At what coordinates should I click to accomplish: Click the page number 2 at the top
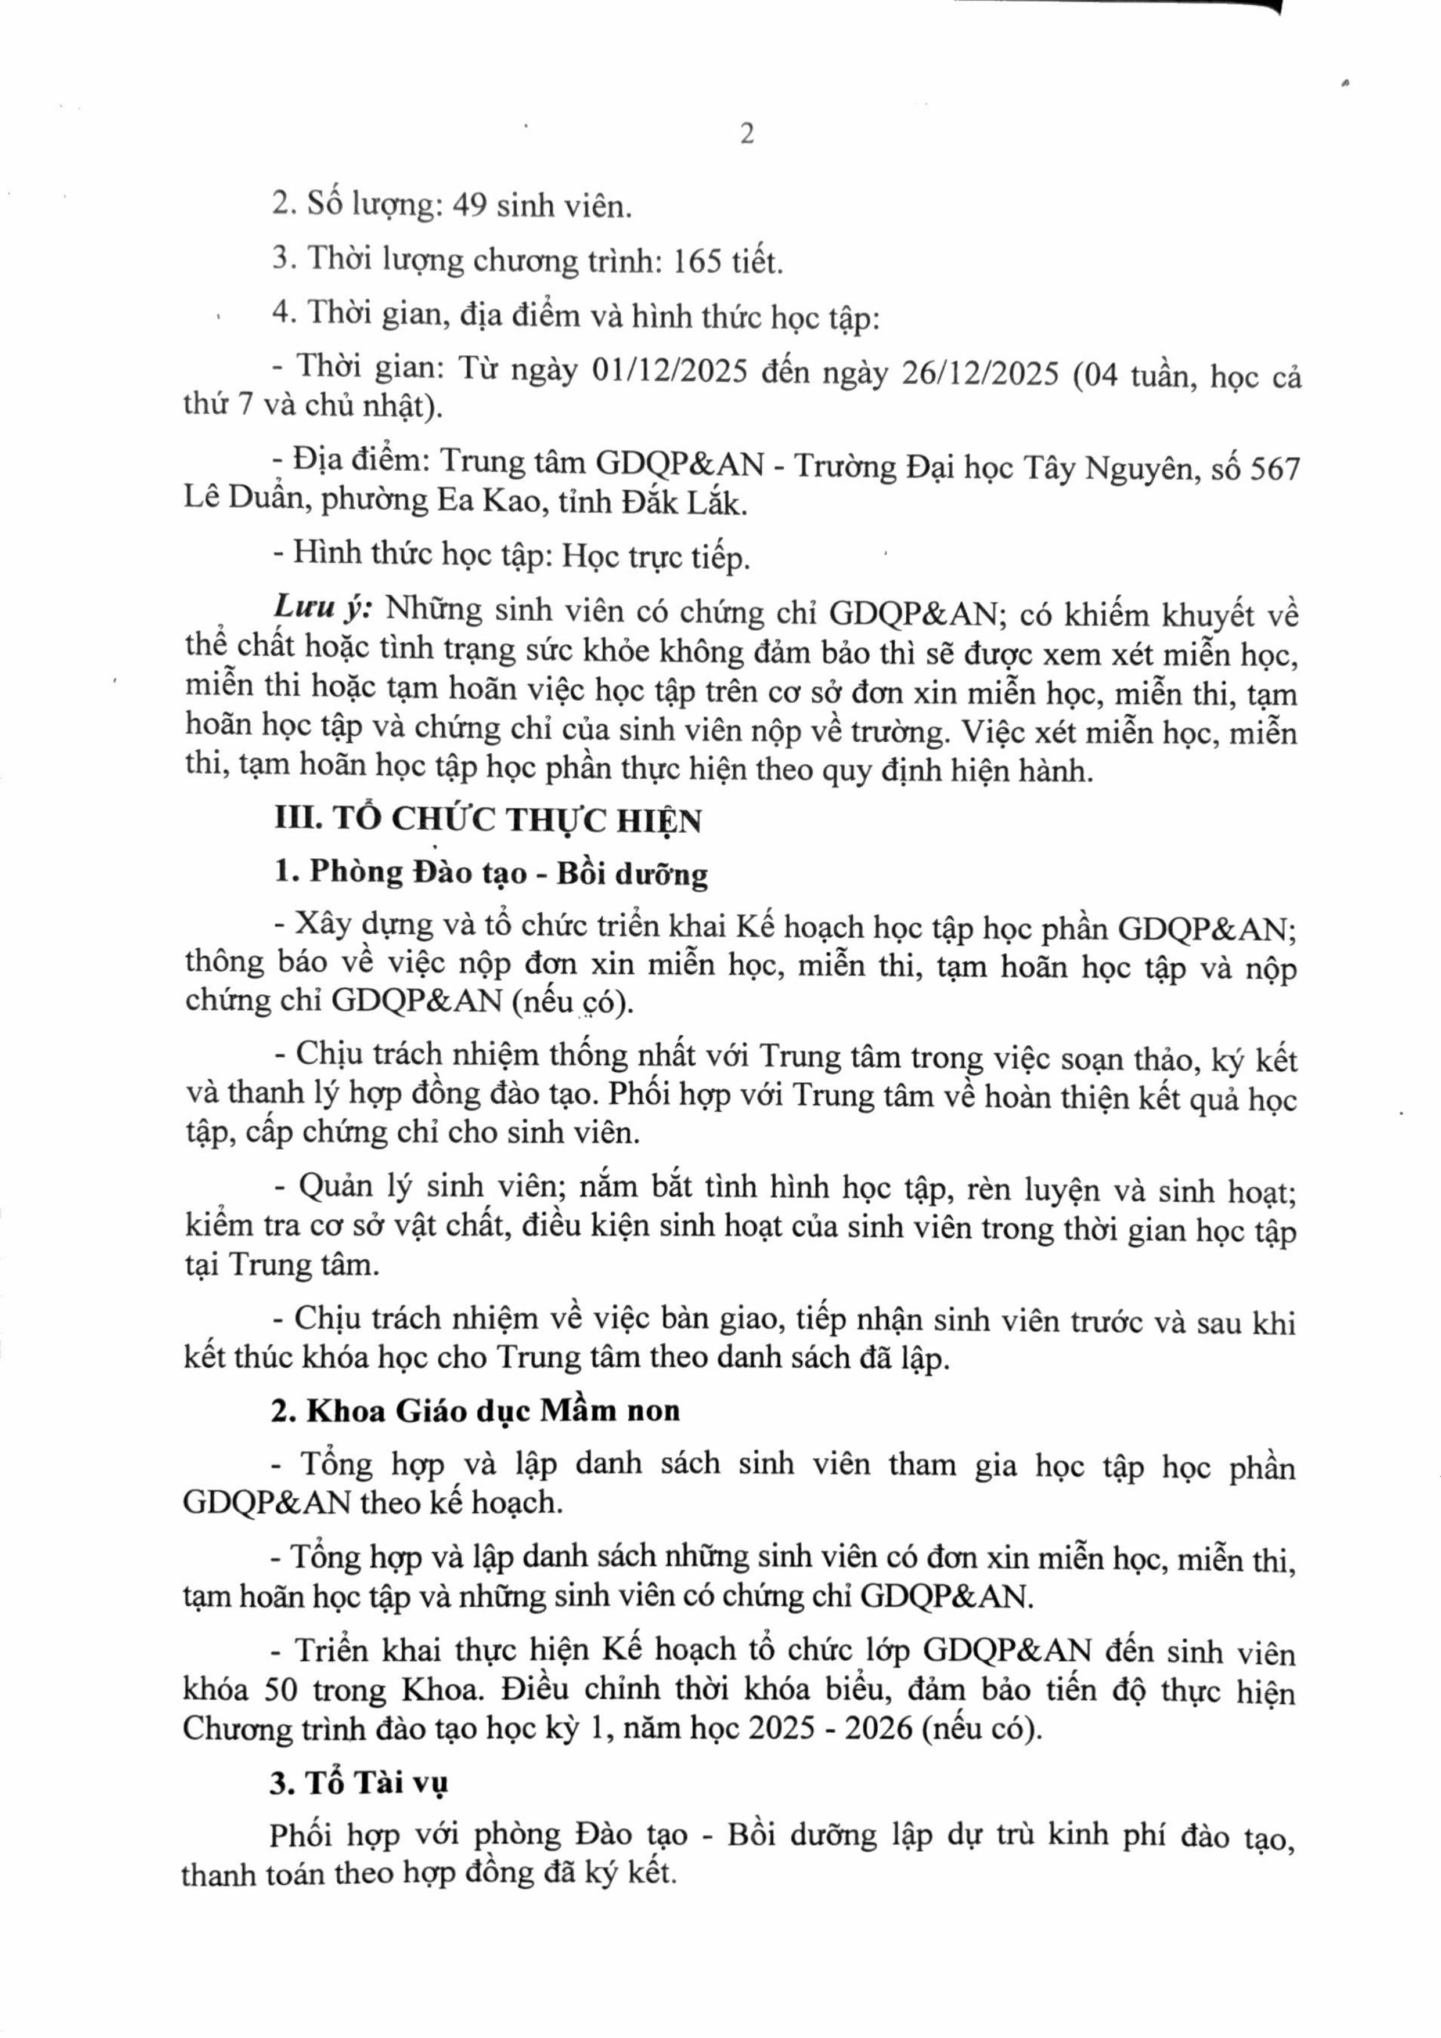(x=747, y=134)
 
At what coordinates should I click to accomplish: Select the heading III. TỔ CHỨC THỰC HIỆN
(x=488, y=820)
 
